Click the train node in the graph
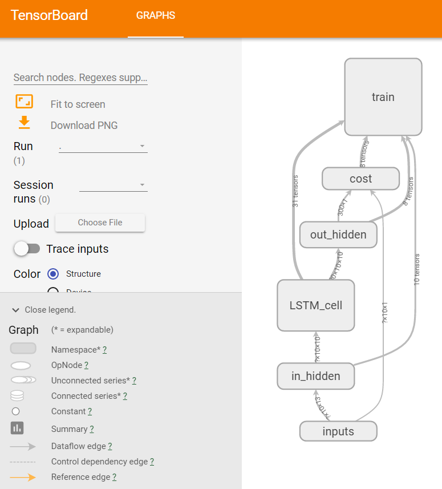click(383, 97)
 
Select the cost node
click(360, 179)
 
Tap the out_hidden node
click(338, 235)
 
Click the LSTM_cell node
click(316, 305)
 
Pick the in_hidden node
click(315, 376)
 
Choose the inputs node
click(338, 431)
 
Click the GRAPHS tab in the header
click(156, 15)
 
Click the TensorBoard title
click(50, 15)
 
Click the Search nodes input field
click(80, 78)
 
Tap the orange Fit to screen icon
click(24, 102)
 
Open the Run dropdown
click(103, 146)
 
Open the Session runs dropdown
click(113, 185)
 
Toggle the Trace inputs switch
click(27, 249)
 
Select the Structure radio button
click(53, 274)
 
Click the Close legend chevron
click(16, 310)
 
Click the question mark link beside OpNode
click(87, 365)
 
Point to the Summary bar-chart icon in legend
click(17, 428)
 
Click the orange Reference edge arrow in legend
click(23, 477)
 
